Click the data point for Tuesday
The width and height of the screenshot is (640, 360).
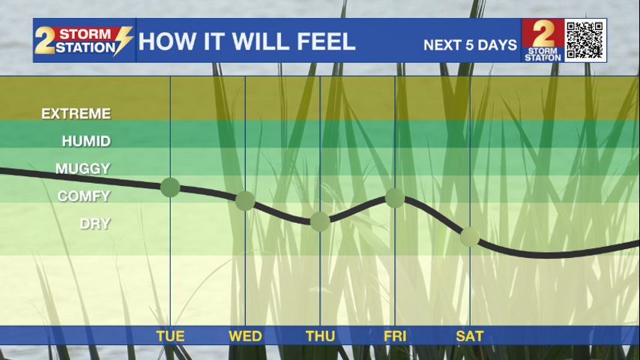coord(170,187)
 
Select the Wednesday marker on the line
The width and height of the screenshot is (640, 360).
coord(245,201)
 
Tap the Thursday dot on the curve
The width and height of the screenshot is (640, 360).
coord(320,222)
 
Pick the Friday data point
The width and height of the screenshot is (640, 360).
coord(395,198)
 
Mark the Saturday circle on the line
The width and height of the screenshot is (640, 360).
coord(470,237)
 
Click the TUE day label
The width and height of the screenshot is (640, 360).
coord(170,336)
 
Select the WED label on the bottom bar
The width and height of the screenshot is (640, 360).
coord(245,336)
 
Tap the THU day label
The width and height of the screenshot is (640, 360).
coord(321,336)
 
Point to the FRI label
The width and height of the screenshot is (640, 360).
coord(395,336)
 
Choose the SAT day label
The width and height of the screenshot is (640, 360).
coord(469,336)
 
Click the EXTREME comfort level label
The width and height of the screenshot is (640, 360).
coord(76,113)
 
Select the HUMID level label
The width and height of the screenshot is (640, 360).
coord(86,142)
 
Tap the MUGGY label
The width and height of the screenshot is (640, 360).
coord(83,169)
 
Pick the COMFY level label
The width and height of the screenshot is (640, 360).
coord(84,196)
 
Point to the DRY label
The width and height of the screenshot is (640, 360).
coord(95,224)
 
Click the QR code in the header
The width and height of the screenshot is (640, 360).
coord(585,40)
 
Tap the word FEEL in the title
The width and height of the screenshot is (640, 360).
coord(326,42)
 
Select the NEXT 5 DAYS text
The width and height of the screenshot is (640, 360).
coord(470,45)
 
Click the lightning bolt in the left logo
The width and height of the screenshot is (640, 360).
coord(123,40)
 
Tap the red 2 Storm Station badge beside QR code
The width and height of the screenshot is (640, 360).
coord(543,40)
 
